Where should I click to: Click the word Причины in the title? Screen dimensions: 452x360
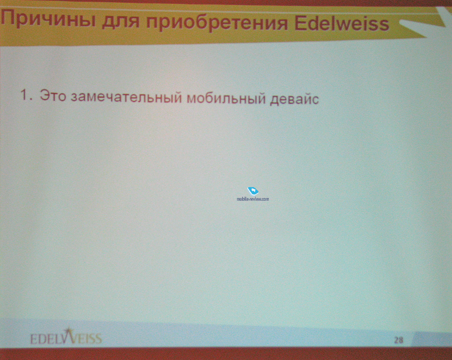tap(49, 19)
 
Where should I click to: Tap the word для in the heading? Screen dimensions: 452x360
tap(121, 22)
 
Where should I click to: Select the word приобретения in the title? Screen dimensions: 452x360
tap(217, 23)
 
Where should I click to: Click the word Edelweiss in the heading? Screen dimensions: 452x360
tap(342, 23)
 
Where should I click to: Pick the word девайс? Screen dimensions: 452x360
tap(294, 99)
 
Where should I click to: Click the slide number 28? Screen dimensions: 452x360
tap(399, 340)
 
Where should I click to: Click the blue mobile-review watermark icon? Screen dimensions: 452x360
tap(253, 191)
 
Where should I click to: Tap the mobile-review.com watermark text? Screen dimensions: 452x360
tap(253, 199)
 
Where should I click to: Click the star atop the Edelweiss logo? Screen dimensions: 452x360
tap(68, 330)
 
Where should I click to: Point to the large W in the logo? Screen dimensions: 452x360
tap(68, 337)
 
